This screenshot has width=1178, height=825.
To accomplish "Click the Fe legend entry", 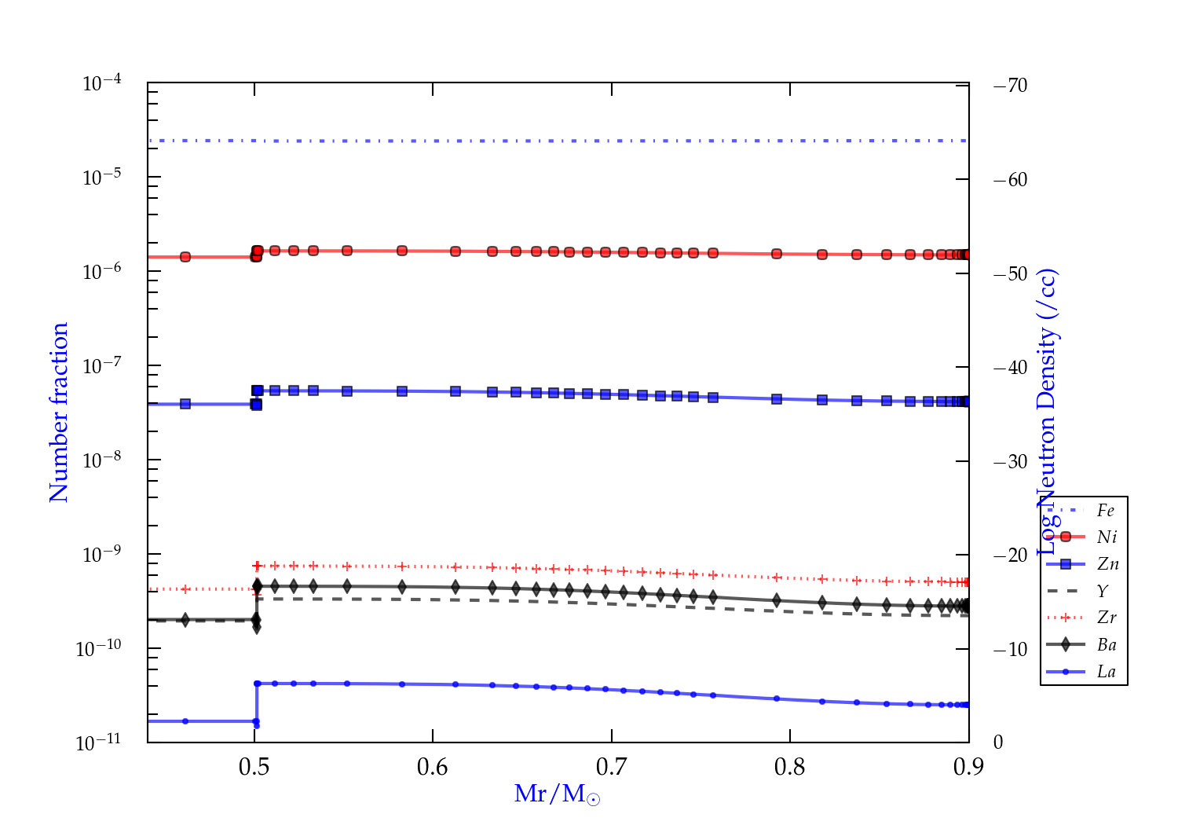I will (x=1106, y=511).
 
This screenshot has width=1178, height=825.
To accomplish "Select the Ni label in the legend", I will (x=1107, y=537).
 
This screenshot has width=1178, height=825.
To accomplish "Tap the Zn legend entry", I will (x=1107, y=564).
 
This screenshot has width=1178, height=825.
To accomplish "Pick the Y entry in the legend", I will (x=1103, y=592).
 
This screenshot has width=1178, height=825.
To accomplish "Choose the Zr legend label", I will (x=1107, y=618).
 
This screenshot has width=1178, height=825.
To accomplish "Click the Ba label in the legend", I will (x=1107, y=645).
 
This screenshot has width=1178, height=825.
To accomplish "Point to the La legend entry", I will (x=1106, y=672).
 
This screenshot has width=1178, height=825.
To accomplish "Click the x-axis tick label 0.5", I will (x=254, y=767).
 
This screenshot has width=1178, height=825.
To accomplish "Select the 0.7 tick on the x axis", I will (x=611, y=767).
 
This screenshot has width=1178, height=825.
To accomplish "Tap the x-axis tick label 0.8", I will (x=790, y=767).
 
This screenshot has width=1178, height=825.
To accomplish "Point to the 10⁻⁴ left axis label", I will (x=101, y=82).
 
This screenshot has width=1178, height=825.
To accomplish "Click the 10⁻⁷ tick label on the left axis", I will (x=101, y=365).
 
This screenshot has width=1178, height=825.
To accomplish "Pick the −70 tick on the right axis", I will (x=1011, y=86).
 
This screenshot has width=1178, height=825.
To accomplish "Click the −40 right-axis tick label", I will (x=1011, y=368).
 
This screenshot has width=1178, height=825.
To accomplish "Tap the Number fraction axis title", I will (x=60, y=412).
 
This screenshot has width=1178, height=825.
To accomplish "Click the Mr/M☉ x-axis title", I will (x=557, y=794).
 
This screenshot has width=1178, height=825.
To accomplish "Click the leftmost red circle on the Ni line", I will (x=185, y=257).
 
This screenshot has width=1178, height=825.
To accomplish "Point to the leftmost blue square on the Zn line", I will (x=185, y=404).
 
